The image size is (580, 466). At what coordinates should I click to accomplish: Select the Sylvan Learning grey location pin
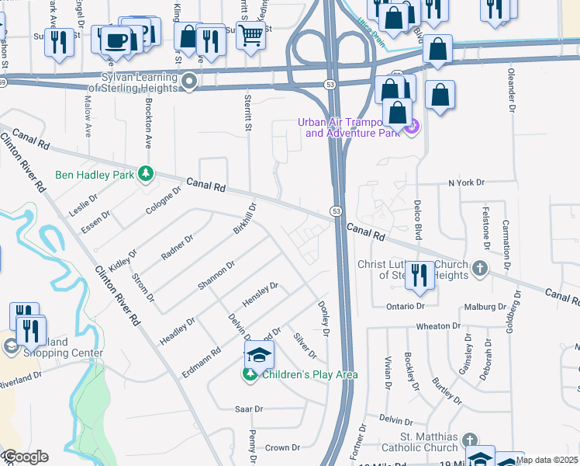pyautogui.click(x=188, y=82)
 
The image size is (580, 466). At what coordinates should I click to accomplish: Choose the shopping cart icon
pyautogui.click(x=250, y=34)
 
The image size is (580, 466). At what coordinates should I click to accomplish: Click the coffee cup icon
pyautogui.click(x=116, y=40)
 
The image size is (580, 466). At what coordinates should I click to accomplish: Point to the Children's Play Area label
pyautogui.click(x=309, y=375)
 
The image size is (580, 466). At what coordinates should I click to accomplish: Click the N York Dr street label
pyautogui.click(x=466, y=183)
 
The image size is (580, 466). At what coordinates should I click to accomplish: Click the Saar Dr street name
pyautogui.click(x=249, y=409)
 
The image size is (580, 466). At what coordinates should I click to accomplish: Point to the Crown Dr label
pyautogui.click(x=282, y=448)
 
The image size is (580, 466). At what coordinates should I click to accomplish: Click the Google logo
pyautogui.click(x=26, y=457)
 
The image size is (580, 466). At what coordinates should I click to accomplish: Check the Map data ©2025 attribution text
pyautogui.click(x=547, y=460)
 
